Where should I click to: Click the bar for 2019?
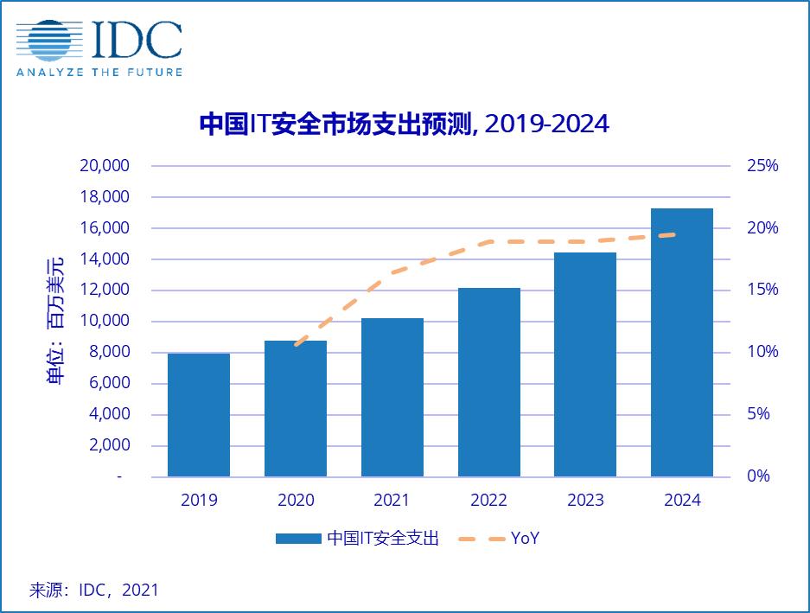pos(199,415)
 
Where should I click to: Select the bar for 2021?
pos(392,398)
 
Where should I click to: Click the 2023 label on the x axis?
pos(586,501)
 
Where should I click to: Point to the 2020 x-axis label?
pos(296,501)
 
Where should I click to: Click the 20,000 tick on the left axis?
pos(104,166)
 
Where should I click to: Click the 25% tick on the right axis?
pos(762,166)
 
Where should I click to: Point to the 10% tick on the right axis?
pos(762,352)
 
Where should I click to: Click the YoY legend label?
pos(526,539)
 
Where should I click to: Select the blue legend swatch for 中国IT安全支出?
pos(298,539)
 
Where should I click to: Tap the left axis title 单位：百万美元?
pos(55,321)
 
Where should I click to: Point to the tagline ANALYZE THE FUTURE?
pos(99,73)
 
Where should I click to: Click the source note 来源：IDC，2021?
pos(94,591)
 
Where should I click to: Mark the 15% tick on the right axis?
pos(762,290)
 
